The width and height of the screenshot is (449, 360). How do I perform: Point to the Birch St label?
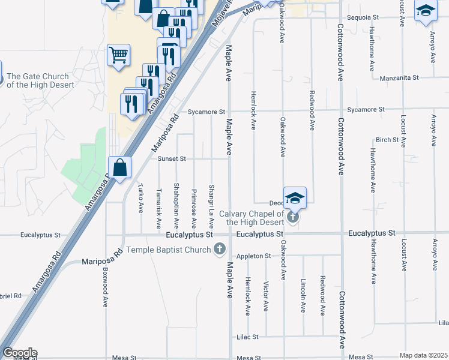387,140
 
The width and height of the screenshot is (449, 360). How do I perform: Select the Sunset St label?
172,159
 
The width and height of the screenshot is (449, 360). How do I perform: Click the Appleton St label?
254,256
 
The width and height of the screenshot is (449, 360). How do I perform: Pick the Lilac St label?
247,337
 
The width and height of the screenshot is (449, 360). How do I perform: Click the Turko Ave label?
141,198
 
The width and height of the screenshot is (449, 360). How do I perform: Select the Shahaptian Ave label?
176,206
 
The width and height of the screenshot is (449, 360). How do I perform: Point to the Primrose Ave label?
194,209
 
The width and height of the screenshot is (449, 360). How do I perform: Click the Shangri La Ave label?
211,206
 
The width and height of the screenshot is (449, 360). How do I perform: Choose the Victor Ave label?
266,295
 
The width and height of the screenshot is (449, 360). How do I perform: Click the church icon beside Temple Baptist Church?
220,248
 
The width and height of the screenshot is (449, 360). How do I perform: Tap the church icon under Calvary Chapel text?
292,217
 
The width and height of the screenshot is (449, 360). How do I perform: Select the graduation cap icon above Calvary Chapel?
295,197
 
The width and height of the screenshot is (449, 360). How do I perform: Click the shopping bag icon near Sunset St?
120,167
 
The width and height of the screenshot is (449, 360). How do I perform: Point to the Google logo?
20,353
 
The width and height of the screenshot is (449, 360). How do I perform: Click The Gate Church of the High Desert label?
40,80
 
